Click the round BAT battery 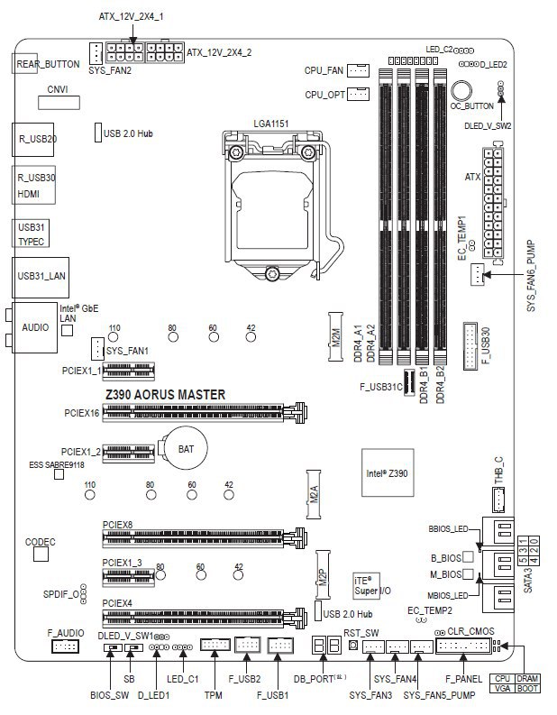click(183, 447)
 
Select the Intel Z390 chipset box click(388, 473)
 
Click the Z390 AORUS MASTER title click(165, 395)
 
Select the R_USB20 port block click(37, 140)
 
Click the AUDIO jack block click(34, 327)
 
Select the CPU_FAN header click(358, 69)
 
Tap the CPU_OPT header click(358, 94)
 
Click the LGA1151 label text click(270, 122)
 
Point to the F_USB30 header click(471, 345)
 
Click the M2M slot click(335, 339)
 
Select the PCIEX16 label click(82, 413)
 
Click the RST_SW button click(353, 646)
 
